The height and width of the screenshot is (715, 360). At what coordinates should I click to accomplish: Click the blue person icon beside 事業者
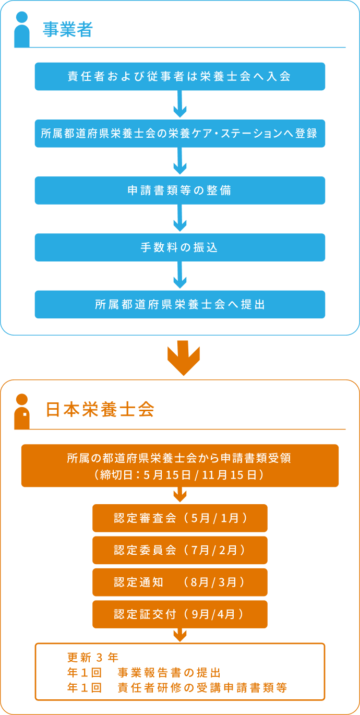[21, 30]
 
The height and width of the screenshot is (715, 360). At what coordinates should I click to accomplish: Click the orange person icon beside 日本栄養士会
[21, 412]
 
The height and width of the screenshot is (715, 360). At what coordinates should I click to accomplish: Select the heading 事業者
[67, 30]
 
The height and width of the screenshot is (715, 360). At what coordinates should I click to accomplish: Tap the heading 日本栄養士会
[100, 410]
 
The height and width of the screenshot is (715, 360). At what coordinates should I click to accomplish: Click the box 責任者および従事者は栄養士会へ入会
[180, 76]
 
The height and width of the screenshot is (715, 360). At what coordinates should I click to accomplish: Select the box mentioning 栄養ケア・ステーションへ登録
[180, 133]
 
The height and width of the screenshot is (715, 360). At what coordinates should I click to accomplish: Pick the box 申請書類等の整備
[180, 190]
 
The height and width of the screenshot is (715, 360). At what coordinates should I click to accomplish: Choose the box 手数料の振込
[180, 247]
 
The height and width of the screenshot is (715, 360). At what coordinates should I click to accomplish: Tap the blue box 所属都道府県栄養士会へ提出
[180, 304]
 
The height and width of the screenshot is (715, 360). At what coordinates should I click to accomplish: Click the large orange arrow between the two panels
[184, 358]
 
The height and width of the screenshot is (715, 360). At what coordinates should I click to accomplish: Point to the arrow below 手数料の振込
[180, 276]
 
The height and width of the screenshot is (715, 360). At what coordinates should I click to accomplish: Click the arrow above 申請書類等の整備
[180, 162]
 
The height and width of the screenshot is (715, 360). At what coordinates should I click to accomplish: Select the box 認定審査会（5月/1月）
[180, 518]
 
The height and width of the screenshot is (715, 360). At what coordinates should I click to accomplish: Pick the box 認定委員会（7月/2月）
[180, 550]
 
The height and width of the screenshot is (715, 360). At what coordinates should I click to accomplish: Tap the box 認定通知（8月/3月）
[180, 582]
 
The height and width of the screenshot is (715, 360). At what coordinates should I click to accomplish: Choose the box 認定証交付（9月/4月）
[180, 614]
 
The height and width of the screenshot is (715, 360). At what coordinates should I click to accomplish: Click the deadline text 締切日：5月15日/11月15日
[179, 475]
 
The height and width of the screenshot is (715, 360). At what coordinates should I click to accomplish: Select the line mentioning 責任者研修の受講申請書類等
[177, 688]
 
